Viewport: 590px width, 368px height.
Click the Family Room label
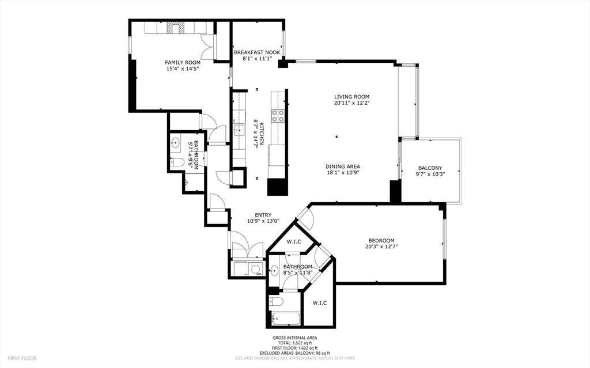coord(183,62)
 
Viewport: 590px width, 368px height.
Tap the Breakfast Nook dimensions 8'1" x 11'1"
coord(257,58)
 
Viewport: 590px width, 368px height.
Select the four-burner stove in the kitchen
coord(278,116)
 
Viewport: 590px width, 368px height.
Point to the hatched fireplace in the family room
coord(173,28)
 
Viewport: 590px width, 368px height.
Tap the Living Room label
coord(351,97)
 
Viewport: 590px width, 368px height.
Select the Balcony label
coord(430,168)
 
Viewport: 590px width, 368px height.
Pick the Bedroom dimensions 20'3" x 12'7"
coord(381,246)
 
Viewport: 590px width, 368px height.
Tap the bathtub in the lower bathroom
coord(283,317)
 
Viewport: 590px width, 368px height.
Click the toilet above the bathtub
coord(276,302)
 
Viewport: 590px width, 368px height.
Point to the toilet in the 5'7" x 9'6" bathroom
coord(178,162)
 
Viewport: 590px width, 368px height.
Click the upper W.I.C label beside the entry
coord(294,242)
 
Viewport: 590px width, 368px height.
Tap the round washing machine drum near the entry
coord(255,269)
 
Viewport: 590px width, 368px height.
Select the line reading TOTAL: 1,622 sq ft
coord(294,343)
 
